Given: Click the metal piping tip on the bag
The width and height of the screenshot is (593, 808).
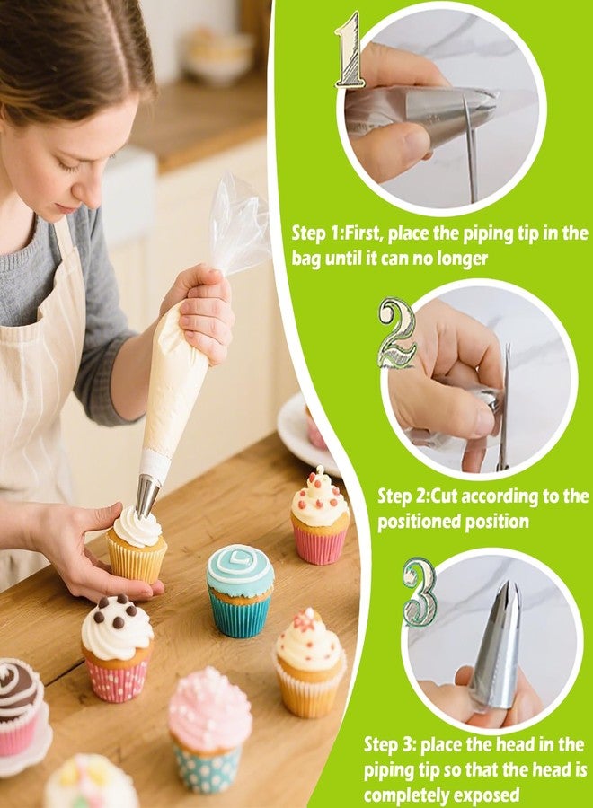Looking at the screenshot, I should [146, 495].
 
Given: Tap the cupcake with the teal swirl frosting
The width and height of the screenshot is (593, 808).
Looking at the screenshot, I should [240, 589].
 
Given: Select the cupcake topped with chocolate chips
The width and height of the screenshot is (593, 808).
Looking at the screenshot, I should [118, 646].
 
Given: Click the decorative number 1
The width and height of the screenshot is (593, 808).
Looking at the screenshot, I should [350, 50].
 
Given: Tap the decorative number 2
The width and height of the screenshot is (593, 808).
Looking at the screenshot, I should [396, 333].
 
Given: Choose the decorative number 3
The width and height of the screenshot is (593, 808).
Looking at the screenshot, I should [420, 592].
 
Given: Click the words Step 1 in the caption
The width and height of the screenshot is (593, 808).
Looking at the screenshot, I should [316, 233].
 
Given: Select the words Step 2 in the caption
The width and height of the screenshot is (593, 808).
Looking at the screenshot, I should [402, 496].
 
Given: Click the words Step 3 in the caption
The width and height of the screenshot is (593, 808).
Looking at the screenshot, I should [389, 744].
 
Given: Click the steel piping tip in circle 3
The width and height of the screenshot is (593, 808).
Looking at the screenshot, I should [496, 641].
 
